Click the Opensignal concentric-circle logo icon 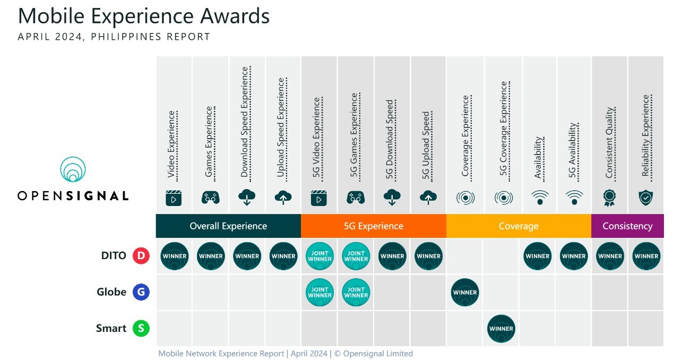click(73, 169)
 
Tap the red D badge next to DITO click(141, 256)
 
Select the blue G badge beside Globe click(141, 292)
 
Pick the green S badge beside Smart click(141, 328)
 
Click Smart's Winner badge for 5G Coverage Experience click(501, 328)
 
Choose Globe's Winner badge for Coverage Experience click(465, 292)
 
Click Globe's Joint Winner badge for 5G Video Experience click(319, 292)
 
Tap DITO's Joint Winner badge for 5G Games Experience click(356, 256)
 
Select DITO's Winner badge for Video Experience click(174, 256)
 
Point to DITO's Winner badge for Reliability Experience click(646, 256)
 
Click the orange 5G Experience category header click(373, 226)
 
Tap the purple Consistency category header click(627, 226)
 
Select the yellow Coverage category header click(519, 226)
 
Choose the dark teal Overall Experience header click(228, 226)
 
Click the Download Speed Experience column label click(245, 122)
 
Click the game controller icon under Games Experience click(210, 198)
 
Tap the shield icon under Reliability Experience click(646, 198)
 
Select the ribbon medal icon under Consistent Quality click(609, 198)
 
